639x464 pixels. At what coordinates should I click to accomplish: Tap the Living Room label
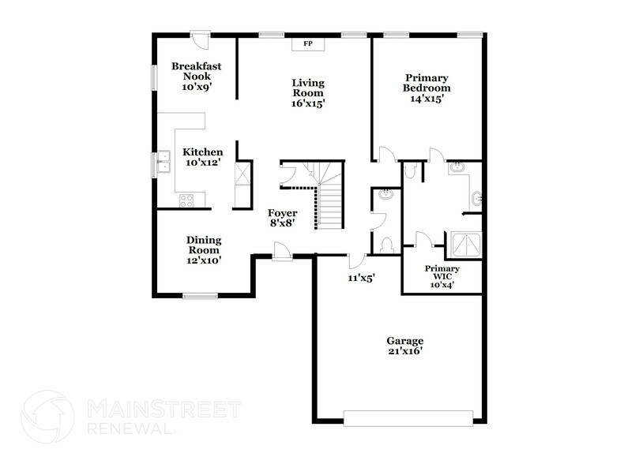point(308,92)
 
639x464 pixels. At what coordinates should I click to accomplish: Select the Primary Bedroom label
point(427,88)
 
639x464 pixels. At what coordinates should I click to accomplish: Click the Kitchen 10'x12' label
point(202,157)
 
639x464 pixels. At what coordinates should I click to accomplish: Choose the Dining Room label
point(203,250)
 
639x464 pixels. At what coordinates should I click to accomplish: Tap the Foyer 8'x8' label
point(282,218)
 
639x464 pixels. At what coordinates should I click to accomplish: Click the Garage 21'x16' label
point(404,346)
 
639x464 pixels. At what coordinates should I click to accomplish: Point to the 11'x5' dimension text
point(360,278)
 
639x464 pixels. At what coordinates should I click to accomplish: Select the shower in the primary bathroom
point(463,245)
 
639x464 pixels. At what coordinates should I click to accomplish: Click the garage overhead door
point(408,417)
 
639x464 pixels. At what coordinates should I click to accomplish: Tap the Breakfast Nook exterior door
point(201,39)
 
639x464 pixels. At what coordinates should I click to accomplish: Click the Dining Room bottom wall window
point(201,296)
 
